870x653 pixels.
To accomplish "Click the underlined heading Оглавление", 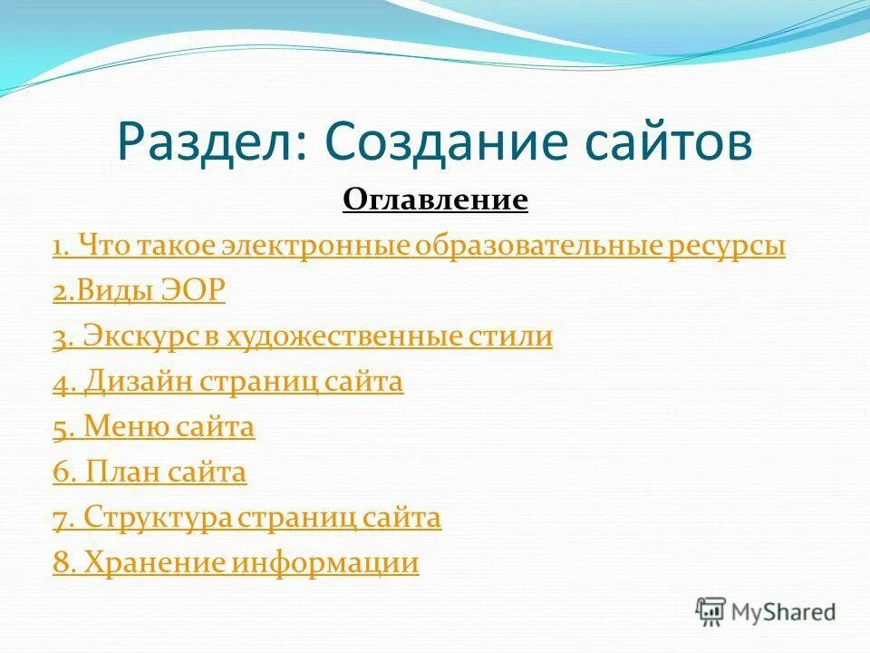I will click(435, 200).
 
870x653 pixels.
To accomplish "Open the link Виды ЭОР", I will click(139, 291).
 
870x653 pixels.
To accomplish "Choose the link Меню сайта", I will click(154, 427).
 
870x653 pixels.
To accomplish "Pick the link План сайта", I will click(150, 473).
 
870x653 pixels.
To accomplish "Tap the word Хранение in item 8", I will click(154, 563).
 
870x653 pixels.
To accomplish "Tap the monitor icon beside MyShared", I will click(710, 611).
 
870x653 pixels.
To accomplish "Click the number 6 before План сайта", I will click(60, 473).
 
